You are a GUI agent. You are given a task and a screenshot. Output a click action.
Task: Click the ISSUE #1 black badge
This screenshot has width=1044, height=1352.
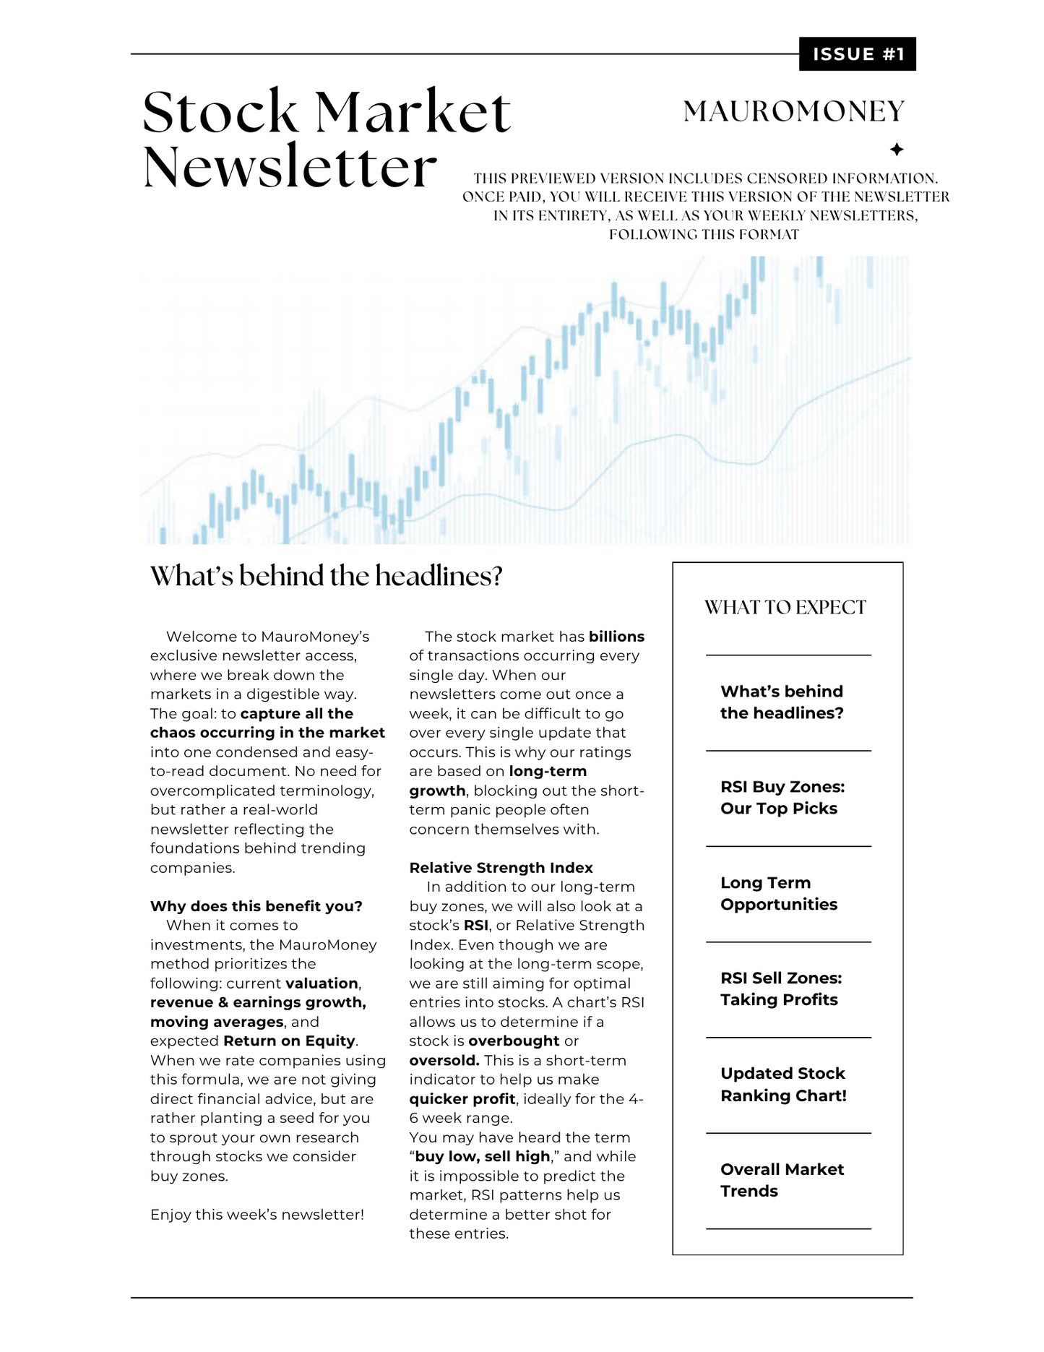pos(857,54)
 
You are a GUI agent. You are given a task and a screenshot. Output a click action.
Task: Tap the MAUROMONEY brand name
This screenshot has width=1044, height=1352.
pos(794,111)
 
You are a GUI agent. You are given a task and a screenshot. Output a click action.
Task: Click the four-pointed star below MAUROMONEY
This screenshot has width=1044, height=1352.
pos(896,150)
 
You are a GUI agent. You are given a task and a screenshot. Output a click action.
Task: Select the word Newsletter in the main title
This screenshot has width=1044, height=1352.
pos(290,168)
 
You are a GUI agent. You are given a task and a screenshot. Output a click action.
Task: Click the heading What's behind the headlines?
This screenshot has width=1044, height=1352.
pos(326,577)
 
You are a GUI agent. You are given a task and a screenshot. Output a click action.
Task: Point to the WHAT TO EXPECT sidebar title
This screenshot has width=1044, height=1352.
pos(785,608)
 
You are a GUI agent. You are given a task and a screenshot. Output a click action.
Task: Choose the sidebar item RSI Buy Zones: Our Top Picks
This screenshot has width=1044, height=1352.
pos(782,798)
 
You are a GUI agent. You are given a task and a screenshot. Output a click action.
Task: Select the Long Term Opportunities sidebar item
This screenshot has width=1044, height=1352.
pos(779,894)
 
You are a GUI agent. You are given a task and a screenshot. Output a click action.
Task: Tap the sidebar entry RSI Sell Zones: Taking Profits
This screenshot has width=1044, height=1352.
pos(780,989)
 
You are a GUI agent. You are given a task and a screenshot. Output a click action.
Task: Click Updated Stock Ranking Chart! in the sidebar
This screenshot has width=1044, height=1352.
pos(783,1085)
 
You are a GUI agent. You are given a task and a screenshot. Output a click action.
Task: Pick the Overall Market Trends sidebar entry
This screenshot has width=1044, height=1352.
pos(782,1180)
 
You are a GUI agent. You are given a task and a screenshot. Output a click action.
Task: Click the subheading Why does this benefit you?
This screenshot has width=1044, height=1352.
pos(256,906)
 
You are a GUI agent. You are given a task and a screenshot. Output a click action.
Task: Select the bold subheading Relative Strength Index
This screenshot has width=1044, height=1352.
pos(501,868)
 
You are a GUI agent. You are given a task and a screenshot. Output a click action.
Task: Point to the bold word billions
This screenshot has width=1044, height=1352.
pos(616,637)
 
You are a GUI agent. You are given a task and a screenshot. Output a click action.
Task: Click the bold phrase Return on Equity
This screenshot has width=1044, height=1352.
pos(289,1041)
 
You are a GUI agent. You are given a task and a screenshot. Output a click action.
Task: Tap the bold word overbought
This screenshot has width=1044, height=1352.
pos(514,1041)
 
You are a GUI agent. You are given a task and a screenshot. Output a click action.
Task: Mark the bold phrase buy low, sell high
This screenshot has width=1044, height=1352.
pos(483,1157)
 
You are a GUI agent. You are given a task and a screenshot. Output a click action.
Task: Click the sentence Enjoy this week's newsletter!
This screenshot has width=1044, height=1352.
pos(257,1215)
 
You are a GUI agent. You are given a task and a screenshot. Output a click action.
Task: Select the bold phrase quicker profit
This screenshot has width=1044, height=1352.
pos(462,1099)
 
